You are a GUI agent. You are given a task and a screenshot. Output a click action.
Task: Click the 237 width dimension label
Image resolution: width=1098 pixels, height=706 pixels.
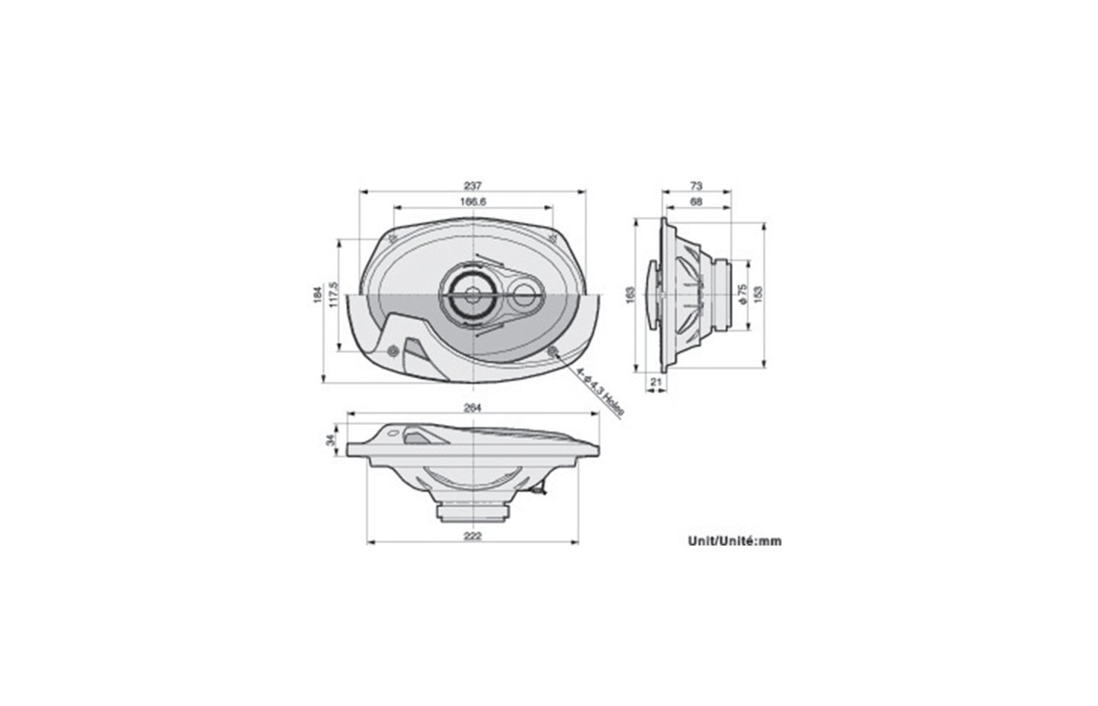pyautogui.click(x=472, y=186)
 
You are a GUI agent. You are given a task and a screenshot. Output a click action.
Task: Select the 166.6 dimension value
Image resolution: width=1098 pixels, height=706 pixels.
pyautogui.click(x=473, y=202)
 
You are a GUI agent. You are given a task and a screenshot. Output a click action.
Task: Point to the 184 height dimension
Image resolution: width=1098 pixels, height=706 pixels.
pyautogui.click(x=318, y=294)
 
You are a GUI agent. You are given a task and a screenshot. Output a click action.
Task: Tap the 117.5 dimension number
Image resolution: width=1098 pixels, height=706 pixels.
pyautogui.click(x=333, y=294)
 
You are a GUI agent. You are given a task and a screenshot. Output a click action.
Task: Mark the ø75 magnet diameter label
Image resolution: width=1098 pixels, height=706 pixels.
pyautogui.click(x=742, y=294)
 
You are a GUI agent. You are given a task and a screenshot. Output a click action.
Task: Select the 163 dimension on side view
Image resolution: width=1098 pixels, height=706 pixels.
pyautogui.click(x=629, y=294)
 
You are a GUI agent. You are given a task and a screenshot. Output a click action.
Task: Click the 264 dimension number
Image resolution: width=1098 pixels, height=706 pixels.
pyautogui.click(x=472, y=407)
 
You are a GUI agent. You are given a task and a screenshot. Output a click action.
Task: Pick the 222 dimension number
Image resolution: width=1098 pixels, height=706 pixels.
pyautogui.click(x=473, y=536)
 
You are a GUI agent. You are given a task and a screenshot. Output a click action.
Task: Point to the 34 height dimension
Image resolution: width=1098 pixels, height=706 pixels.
pyautogui.click(x=331, y=442)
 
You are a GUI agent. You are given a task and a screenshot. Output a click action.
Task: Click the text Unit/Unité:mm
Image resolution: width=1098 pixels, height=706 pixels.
pyautogui.click(x=734, y=540)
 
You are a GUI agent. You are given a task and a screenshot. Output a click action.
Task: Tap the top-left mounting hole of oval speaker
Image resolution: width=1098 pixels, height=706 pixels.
pyautogui.click(x=394, y=237)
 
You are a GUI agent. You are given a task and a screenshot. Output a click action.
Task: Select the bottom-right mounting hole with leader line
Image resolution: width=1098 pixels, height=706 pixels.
pyautogui.click(x=553, y=351)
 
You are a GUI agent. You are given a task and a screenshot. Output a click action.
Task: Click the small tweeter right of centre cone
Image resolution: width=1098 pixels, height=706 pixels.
pyautogui.click(x=522, y=297)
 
